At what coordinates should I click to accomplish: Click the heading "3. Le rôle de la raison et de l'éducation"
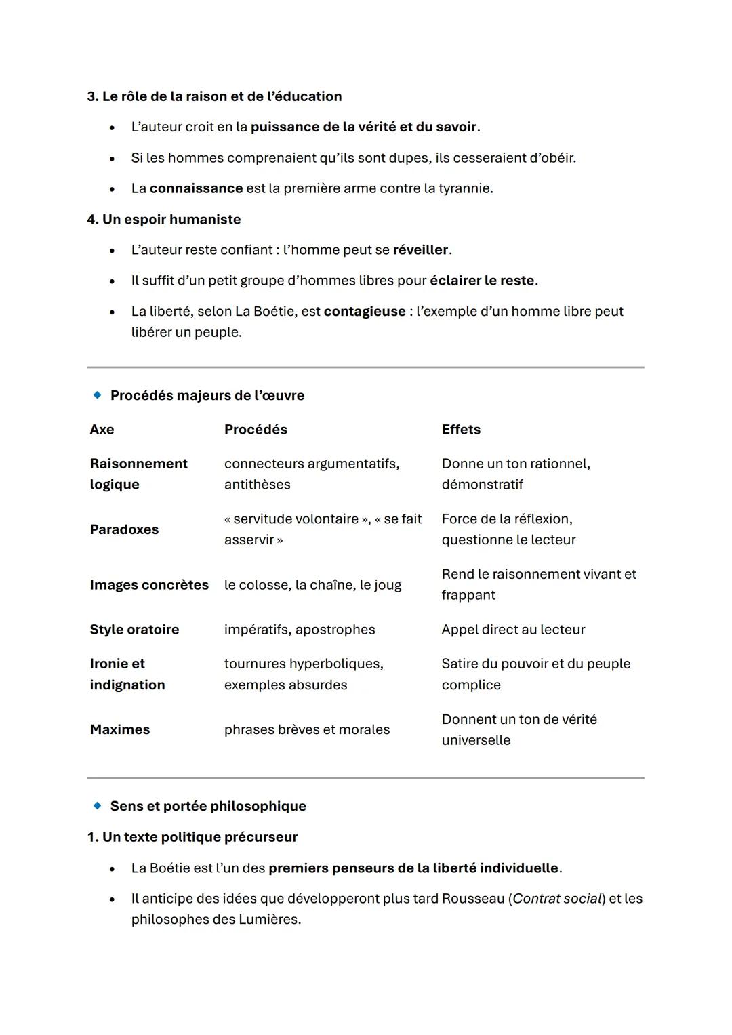[214, 96]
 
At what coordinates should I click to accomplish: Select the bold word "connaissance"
[196, 188]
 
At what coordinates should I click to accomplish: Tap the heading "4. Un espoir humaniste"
[163, 220]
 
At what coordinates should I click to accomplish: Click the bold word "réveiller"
[420, 250]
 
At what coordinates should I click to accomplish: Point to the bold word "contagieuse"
[364, 312]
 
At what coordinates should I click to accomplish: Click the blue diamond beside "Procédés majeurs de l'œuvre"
[98, 395]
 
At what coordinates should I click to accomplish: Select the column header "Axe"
[102, 430]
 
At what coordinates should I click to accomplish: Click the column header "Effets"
[461, 430]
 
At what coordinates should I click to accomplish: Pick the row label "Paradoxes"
[124, 529]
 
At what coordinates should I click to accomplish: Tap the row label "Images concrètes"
[149, 585]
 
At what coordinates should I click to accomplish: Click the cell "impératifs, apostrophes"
[300, 630]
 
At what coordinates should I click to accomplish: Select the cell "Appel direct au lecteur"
[513, 630]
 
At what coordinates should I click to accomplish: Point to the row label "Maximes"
[120, 730]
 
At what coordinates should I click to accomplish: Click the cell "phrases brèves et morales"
[307, 730]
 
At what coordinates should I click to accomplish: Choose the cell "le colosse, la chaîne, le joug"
[312, 585]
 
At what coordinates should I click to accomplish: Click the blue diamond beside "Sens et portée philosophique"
[98, 806]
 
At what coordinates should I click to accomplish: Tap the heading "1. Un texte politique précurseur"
[192, 837]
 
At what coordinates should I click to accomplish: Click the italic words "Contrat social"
[557, 899]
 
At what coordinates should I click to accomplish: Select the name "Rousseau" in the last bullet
[473, 899]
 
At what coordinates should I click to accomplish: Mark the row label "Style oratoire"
[134, 630]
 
